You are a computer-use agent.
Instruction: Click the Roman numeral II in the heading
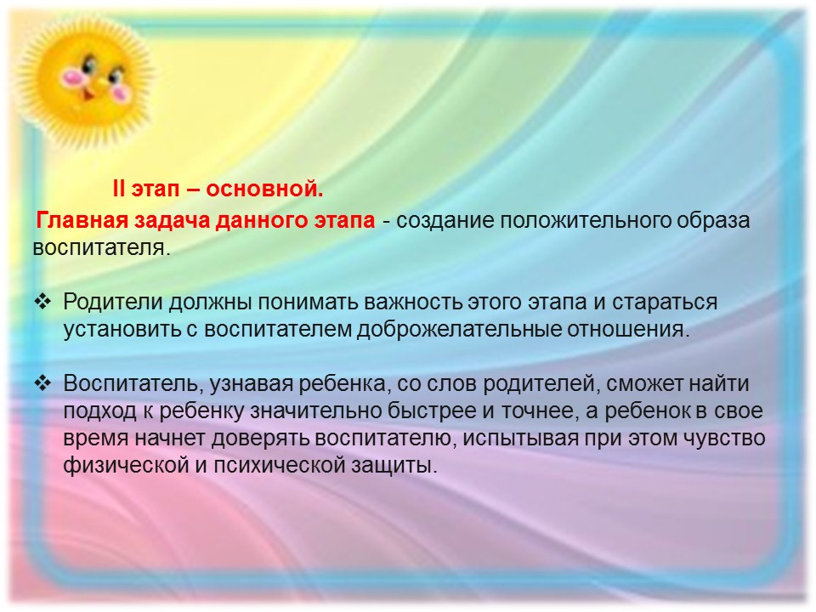119,189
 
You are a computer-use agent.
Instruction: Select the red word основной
264,189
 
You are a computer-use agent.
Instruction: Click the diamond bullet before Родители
42,302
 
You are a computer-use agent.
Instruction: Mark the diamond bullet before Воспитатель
42,383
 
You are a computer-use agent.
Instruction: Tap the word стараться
665,303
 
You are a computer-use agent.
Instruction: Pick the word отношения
628,330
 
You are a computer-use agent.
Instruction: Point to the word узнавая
251,384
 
